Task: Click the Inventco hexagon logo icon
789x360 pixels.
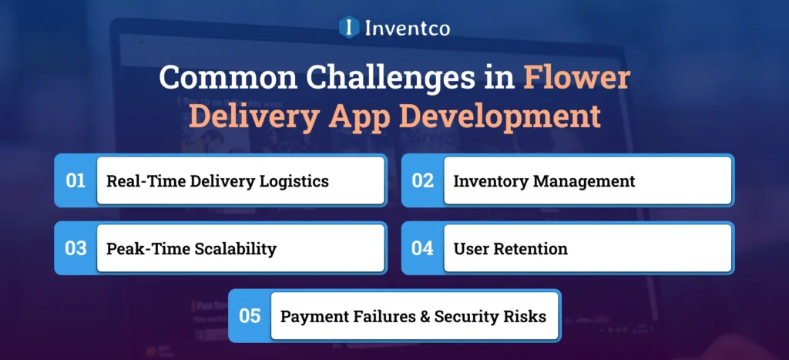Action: click(x=349, y=28)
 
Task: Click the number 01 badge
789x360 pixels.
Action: click(x=76, y=181)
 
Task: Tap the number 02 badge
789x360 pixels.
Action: click(x=423, y=181)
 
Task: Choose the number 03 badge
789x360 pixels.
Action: click(x=76, y=249)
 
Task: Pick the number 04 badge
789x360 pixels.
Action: click(x=423, y=249)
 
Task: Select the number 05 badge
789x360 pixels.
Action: click(x=250, y=316)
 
